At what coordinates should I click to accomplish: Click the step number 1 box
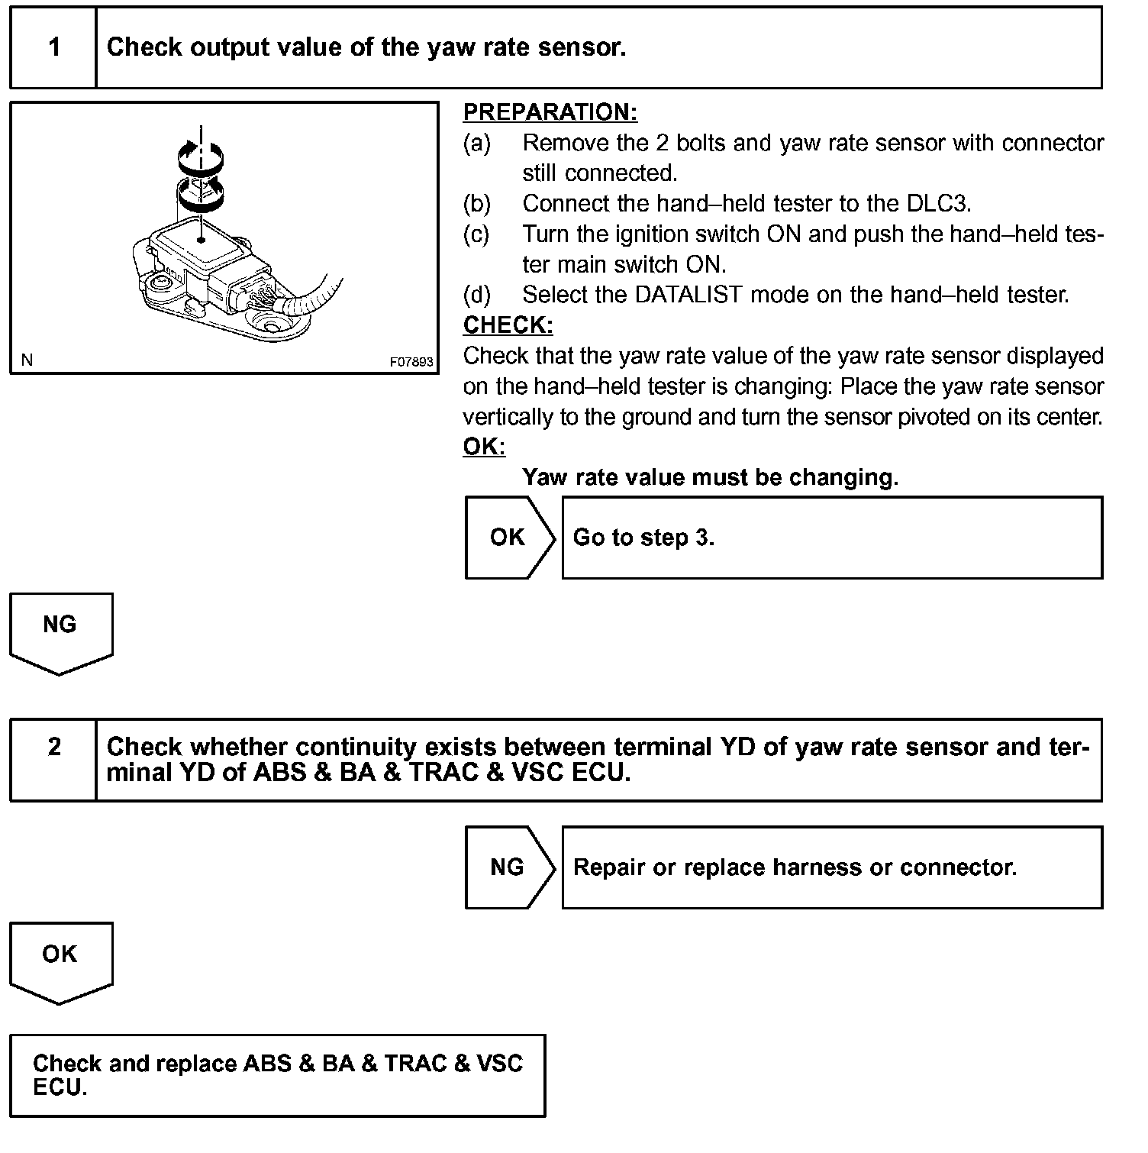pos(53,47)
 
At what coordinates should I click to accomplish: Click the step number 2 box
pos(53,759)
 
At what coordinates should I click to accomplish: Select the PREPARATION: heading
pos(550,112)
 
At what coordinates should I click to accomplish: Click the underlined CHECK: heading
pos(508,325)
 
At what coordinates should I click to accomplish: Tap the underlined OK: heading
pos(484,447)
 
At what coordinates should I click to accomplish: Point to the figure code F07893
pos(411,361)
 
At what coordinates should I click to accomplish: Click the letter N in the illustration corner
pos(27,360)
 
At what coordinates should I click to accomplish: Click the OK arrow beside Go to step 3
pos(508,538)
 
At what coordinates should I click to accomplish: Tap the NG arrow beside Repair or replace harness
pos(508,867)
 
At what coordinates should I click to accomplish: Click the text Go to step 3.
pos(643,538)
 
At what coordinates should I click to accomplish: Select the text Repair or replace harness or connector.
pos(795,867)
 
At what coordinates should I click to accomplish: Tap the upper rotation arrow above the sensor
pos(201,157)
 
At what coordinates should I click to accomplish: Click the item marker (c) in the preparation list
pos(476,234)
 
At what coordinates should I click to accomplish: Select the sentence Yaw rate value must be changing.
pos(710,477)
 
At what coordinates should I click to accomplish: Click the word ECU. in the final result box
pos(60,1087)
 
